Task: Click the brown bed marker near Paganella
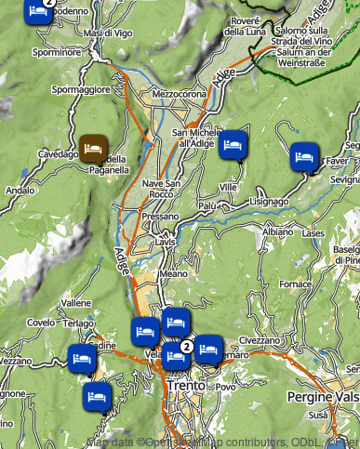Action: pyautogui.click(x=93, y=148)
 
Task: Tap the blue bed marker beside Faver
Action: pyautogui.click(x=303, y=155)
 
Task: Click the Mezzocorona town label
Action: pyautogui.click(x=177, y=94)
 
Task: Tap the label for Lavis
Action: pyautogui.click(x=166, y=241)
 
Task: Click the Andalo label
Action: pyautogui.click(x=20, y=191)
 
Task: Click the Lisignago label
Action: pyautogui.click(x=271, y=201)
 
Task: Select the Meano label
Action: pyautogui.click(x=173, y=274)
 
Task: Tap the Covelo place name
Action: pyautogui.click(x=41, y=322)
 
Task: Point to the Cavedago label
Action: pyautogui.click(x=57, y=154)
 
